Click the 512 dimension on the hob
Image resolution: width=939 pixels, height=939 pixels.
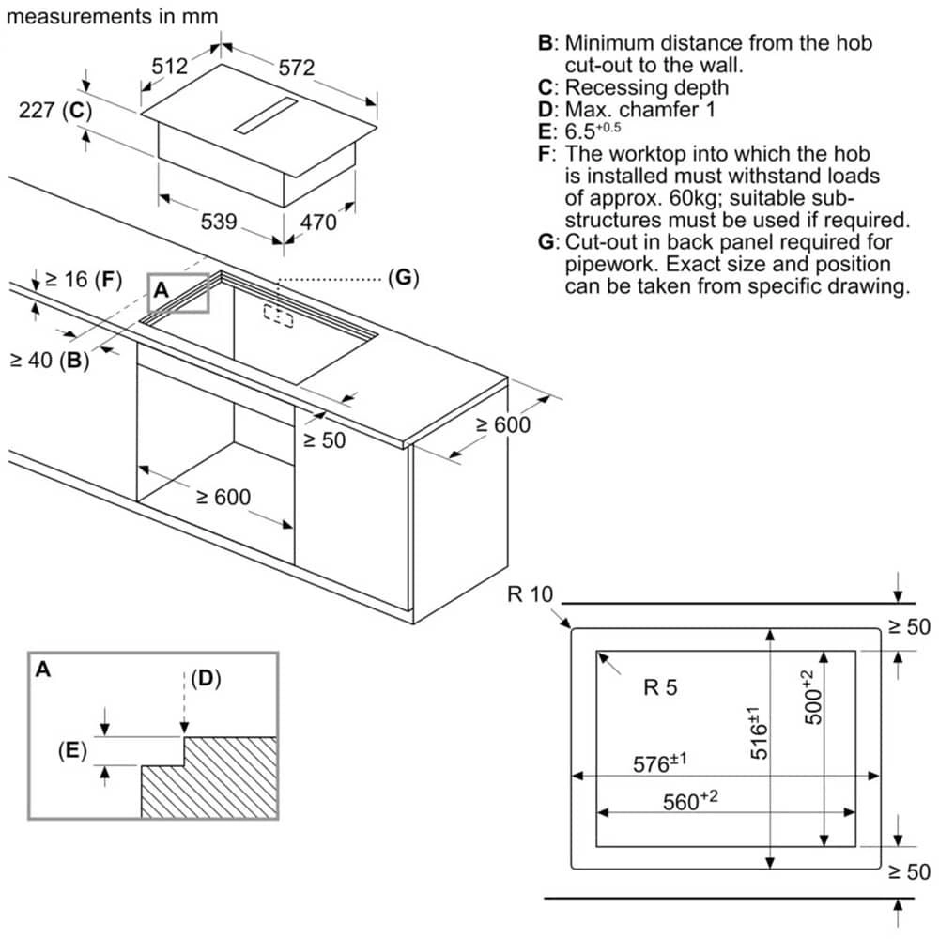[x=170, y=67]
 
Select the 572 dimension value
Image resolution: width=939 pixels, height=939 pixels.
[x=296, y=67]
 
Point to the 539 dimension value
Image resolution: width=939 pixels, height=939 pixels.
[x=219, y=223]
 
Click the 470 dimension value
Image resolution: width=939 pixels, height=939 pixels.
[x=317, y=223]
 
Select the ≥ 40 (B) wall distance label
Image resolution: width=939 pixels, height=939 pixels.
[x=49, y=360]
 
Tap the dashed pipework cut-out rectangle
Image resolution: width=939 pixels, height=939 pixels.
[x=278, y=316]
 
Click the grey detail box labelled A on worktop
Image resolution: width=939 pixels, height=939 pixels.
[x=178, y=292]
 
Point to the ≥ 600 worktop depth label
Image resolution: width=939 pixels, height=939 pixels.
[x=501, y=424]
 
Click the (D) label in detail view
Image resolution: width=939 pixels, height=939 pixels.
[x=206, y=679]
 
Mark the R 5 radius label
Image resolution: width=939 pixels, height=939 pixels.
[x=660, y=687]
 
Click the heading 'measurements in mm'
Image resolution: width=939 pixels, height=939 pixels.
[x=114, y=17]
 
